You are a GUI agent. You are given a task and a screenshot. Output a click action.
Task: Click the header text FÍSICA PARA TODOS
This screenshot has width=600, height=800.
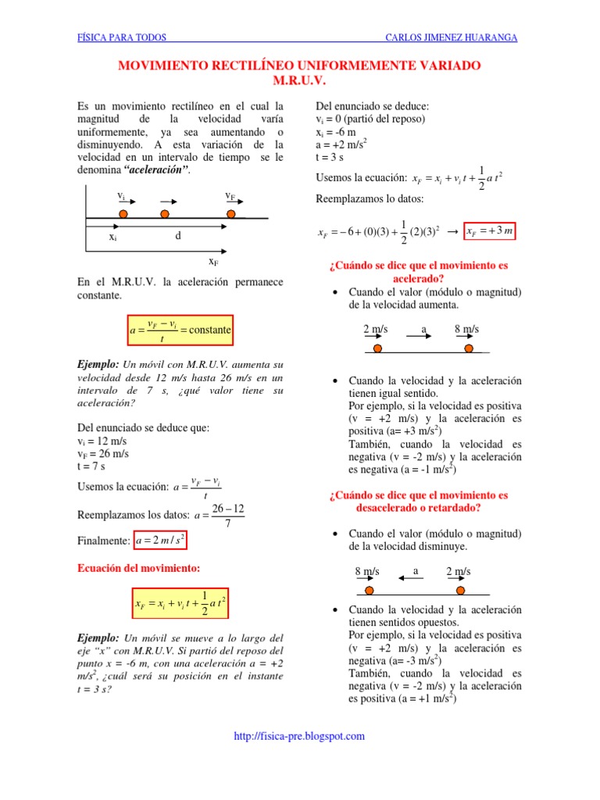click(x=121, y=37)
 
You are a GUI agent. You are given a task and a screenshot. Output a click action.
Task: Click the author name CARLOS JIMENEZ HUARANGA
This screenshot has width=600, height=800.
click(x=452, y=37)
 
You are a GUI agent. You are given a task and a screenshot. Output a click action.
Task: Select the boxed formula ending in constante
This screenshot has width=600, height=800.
click(x=180, y=330)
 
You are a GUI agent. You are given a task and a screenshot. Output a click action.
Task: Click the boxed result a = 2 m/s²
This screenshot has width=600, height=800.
click(x=161, y=540)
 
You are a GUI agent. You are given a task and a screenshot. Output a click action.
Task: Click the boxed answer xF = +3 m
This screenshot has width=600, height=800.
click(x=490, y=232)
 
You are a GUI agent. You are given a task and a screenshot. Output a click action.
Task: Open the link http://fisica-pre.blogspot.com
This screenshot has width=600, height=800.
click(x=300, y=736)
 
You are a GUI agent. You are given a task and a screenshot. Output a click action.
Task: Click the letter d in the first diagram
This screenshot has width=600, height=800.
click(x=177, y=235)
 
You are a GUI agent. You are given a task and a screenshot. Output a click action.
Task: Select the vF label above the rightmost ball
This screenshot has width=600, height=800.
click(x=231, y=195)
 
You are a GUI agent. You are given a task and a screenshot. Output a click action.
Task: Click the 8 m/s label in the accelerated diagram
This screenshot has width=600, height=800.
click(x=466, y=330)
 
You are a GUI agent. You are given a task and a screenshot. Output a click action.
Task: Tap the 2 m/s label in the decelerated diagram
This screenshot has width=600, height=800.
click(x=459, y=571)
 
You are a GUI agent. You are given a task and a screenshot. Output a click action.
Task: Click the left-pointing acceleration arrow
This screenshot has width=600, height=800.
click(x=410, y=578)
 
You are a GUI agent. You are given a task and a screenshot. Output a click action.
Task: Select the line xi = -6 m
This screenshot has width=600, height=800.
click(x=336, y=132)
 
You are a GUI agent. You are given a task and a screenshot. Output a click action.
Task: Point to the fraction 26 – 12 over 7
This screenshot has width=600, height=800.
click(x=227, y=516)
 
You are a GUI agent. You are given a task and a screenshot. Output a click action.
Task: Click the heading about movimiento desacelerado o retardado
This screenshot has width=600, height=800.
click(x=418, y=501)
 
